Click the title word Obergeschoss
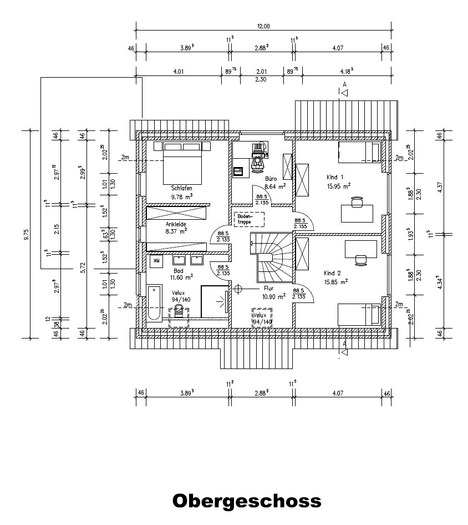[x=247, y=501]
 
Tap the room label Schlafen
[x=181, y=188]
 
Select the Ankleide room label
[x=176, y=224]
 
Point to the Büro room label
[x=270, y=179]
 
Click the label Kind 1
[x=335, y=177]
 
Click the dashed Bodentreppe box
[x=249, y=219]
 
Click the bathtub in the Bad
[x=155, y=302]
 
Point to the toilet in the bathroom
[x=179, y=311]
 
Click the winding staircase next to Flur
[x=272, y=259]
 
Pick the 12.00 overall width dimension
[x=263, y=26]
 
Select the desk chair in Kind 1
[x=357, y=203]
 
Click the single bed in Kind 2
[x=360, y=315]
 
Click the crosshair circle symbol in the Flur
[x=238, y=289]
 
